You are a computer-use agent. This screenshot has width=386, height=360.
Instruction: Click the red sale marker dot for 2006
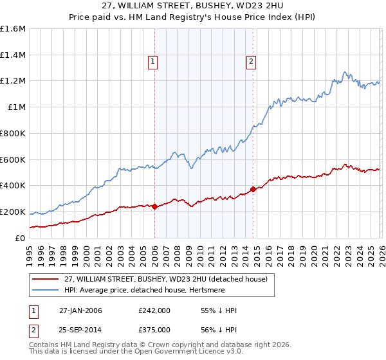click(x=155, y=206)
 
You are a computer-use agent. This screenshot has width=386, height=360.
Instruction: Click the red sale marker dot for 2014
click(x=253, y=189)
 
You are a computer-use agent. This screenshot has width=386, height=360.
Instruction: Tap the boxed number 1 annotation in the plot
click(x=153, y=62)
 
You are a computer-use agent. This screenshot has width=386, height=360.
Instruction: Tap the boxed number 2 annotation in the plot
click(x=250, y=62)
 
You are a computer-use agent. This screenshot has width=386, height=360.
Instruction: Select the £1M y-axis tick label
click(x=16, y=107)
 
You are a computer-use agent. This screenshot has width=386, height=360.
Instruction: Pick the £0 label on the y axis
click(x=20, y=238)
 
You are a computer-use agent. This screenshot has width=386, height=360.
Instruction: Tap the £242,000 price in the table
click(x=154, y=310)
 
